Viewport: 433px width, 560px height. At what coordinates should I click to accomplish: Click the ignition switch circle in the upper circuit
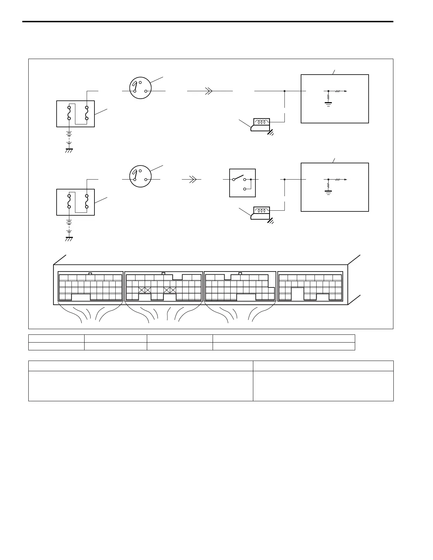pos(140,88)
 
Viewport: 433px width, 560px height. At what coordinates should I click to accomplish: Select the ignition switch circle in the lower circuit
pos(140,176)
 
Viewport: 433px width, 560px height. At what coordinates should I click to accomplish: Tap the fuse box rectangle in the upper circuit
pos(75,114)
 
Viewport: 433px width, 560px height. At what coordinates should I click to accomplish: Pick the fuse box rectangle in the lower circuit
pos(75,202)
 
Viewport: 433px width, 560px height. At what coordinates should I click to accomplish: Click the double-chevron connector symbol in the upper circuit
pos(209,91)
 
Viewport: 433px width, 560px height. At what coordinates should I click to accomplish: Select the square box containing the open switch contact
pos(242,183)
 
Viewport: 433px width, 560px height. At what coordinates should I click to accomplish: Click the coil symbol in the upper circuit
pos(262,122)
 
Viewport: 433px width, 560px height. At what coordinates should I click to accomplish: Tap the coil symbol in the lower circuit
pos(262,211)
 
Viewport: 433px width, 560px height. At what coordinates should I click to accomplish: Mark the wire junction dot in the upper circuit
pos(284,91)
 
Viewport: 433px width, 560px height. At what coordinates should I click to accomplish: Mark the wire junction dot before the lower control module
pos(284,180)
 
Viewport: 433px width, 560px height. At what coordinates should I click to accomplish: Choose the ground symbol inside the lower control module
pos(328,192)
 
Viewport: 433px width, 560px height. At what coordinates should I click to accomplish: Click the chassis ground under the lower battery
pos(69,239)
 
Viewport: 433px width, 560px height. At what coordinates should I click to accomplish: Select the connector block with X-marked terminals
pos(164,286)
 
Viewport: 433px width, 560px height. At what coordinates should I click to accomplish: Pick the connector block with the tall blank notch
pos(310,286)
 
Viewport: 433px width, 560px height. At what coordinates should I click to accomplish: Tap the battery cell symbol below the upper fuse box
pos(69,135)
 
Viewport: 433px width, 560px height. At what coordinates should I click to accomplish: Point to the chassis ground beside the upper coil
pos(271,133)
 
